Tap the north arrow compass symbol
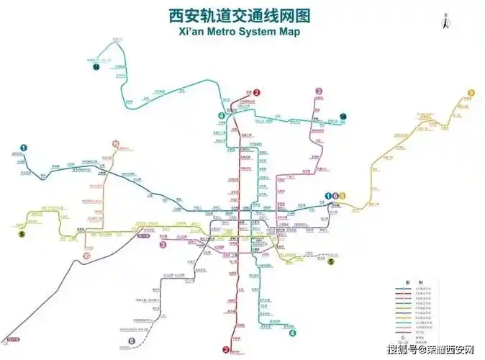coord(446,22)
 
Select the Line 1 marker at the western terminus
coord(23,149)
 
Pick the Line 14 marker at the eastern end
coord(343,117)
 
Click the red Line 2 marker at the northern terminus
coord(256,92)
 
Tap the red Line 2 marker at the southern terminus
coord(226,350)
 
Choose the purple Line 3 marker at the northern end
coord(319,91)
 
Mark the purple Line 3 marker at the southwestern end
coord(163,244)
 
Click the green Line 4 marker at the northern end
coord(222,116)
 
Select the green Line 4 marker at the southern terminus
coord(292,333)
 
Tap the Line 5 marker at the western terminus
coord(22,233)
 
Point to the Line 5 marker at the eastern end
coord(331,262)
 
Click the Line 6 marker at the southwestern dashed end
coord(132,341)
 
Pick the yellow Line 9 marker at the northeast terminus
coord(471,92)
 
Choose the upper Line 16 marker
coord(115,145)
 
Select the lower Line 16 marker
coord(86,255)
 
